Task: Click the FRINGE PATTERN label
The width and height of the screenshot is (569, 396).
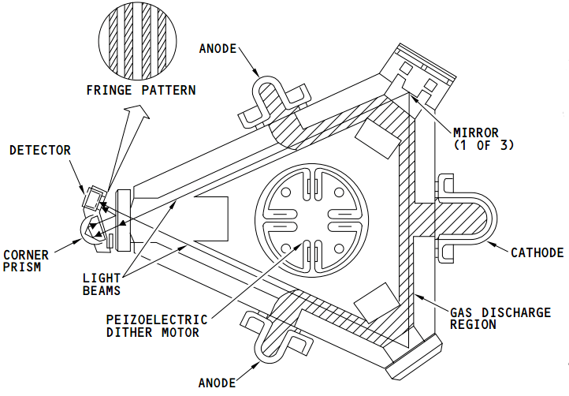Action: tap(140, 90)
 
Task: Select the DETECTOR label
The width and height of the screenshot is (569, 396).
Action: tap(40, 150)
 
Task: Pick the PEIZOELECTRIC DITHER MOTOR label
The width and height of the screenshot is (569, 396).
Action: tap(157, 326)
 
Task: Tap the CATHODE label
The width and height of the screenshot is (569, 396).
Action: tap(537, 253)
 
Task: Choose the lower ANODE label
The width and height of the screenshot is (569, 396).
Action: tap(217, 383)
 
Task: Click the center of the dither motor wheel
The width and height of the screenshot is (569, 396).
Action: tap(311, 214)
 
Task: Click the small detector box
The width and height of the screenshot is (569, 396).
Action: tap(94, 197)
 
